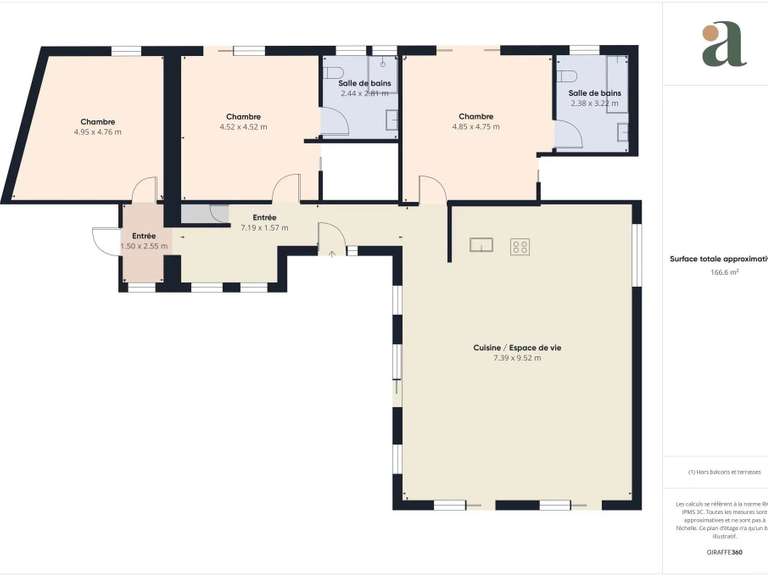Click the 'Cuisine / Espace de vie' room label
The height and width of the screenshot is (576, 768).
[517, 347]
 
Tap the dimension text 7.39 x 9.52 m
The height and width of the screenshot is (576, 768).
[517, 358]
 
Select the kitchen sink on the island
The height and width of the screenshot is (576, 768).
[482, 246]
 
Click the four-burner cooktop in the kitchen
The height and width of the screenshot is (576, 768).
[520, 246]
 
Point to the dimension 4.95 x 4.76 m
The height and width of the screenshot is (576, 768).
[97, 132]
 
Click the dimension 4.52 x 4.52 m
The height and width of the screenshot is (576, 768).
[243, 127]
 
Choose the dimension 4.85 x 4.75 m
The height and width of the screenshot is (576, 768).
[475, 127]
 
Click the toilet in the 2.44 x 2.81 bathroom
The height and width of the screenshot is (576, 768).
[334, 71]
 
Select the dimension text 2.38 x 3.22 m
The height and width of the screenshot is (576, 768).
[595, 103]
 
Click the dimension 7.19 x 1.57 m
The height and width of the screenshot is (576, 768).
[264, 228]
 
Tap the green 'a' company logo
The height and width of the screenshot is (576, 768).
[723, 44]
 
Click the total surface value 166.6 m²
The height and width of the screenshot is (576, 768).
[724, 272]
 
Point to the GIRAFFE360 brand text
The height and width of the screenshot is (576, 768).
[724, 552]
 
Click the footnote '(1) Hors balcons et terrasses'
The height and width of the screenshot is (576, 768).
[724, 472]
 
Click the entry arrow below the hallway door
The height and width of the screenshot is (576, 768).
[332, 254]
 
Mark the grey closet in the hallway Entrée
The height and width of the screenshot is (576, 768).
[204, 213]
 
